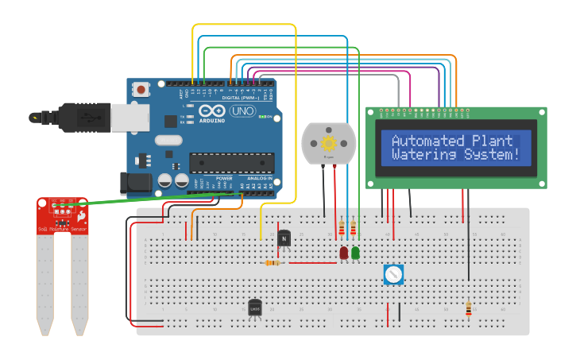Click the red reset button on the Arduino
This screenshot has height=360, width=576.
click(141, 90)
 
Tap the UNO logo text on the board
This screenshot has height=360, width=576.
click(242, 111)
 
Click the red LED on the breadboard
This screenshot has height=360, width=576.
click(344, 253)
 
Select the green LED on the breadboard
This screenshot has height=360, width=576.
click(355, 253)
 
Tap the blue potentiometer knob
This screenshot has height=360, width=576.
click(393, 275)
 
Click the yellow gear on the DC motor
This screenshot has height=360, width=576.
click(328, 144)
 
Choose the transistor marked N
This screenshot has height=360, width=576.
click(284, 238)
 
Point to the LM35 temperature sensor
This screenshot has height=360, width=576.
click(255, 307)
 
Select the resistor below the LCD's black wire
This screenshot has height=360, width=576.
click(468, 308)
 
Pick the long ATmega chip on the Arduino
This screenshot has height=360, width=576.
click(231, 163)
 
